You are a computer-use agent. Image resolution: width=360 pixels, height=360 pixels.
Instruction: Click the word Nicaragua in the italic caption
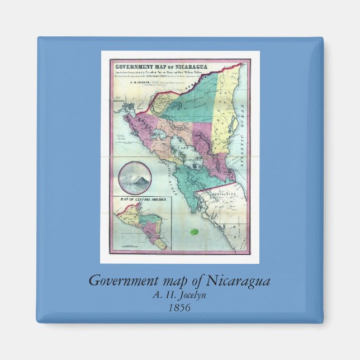tap(239, 281)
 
